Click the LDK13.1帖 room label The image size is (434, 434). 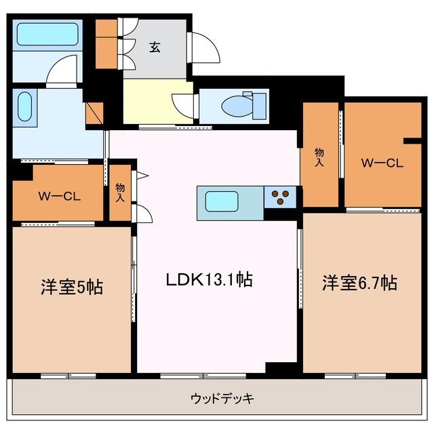click(210, 279)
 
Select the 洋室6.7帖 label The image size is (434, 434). click(359, 283)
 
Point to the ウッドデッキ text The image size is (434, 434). click(222, 398)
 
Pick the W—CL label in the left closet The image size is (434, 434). click(59, 197)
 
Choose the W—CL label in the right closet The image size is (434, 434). click(383, 163)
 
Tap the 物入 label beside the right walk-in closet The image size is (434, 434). click(319, 158)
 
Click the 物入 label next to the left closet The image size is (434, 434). click(120, 193)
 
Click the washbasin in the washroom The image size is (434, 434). click(24, 107)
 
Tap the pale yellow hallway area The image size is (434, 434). click(156, 102)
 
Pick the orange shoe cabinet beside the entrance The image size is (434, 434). click(106, 45)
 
